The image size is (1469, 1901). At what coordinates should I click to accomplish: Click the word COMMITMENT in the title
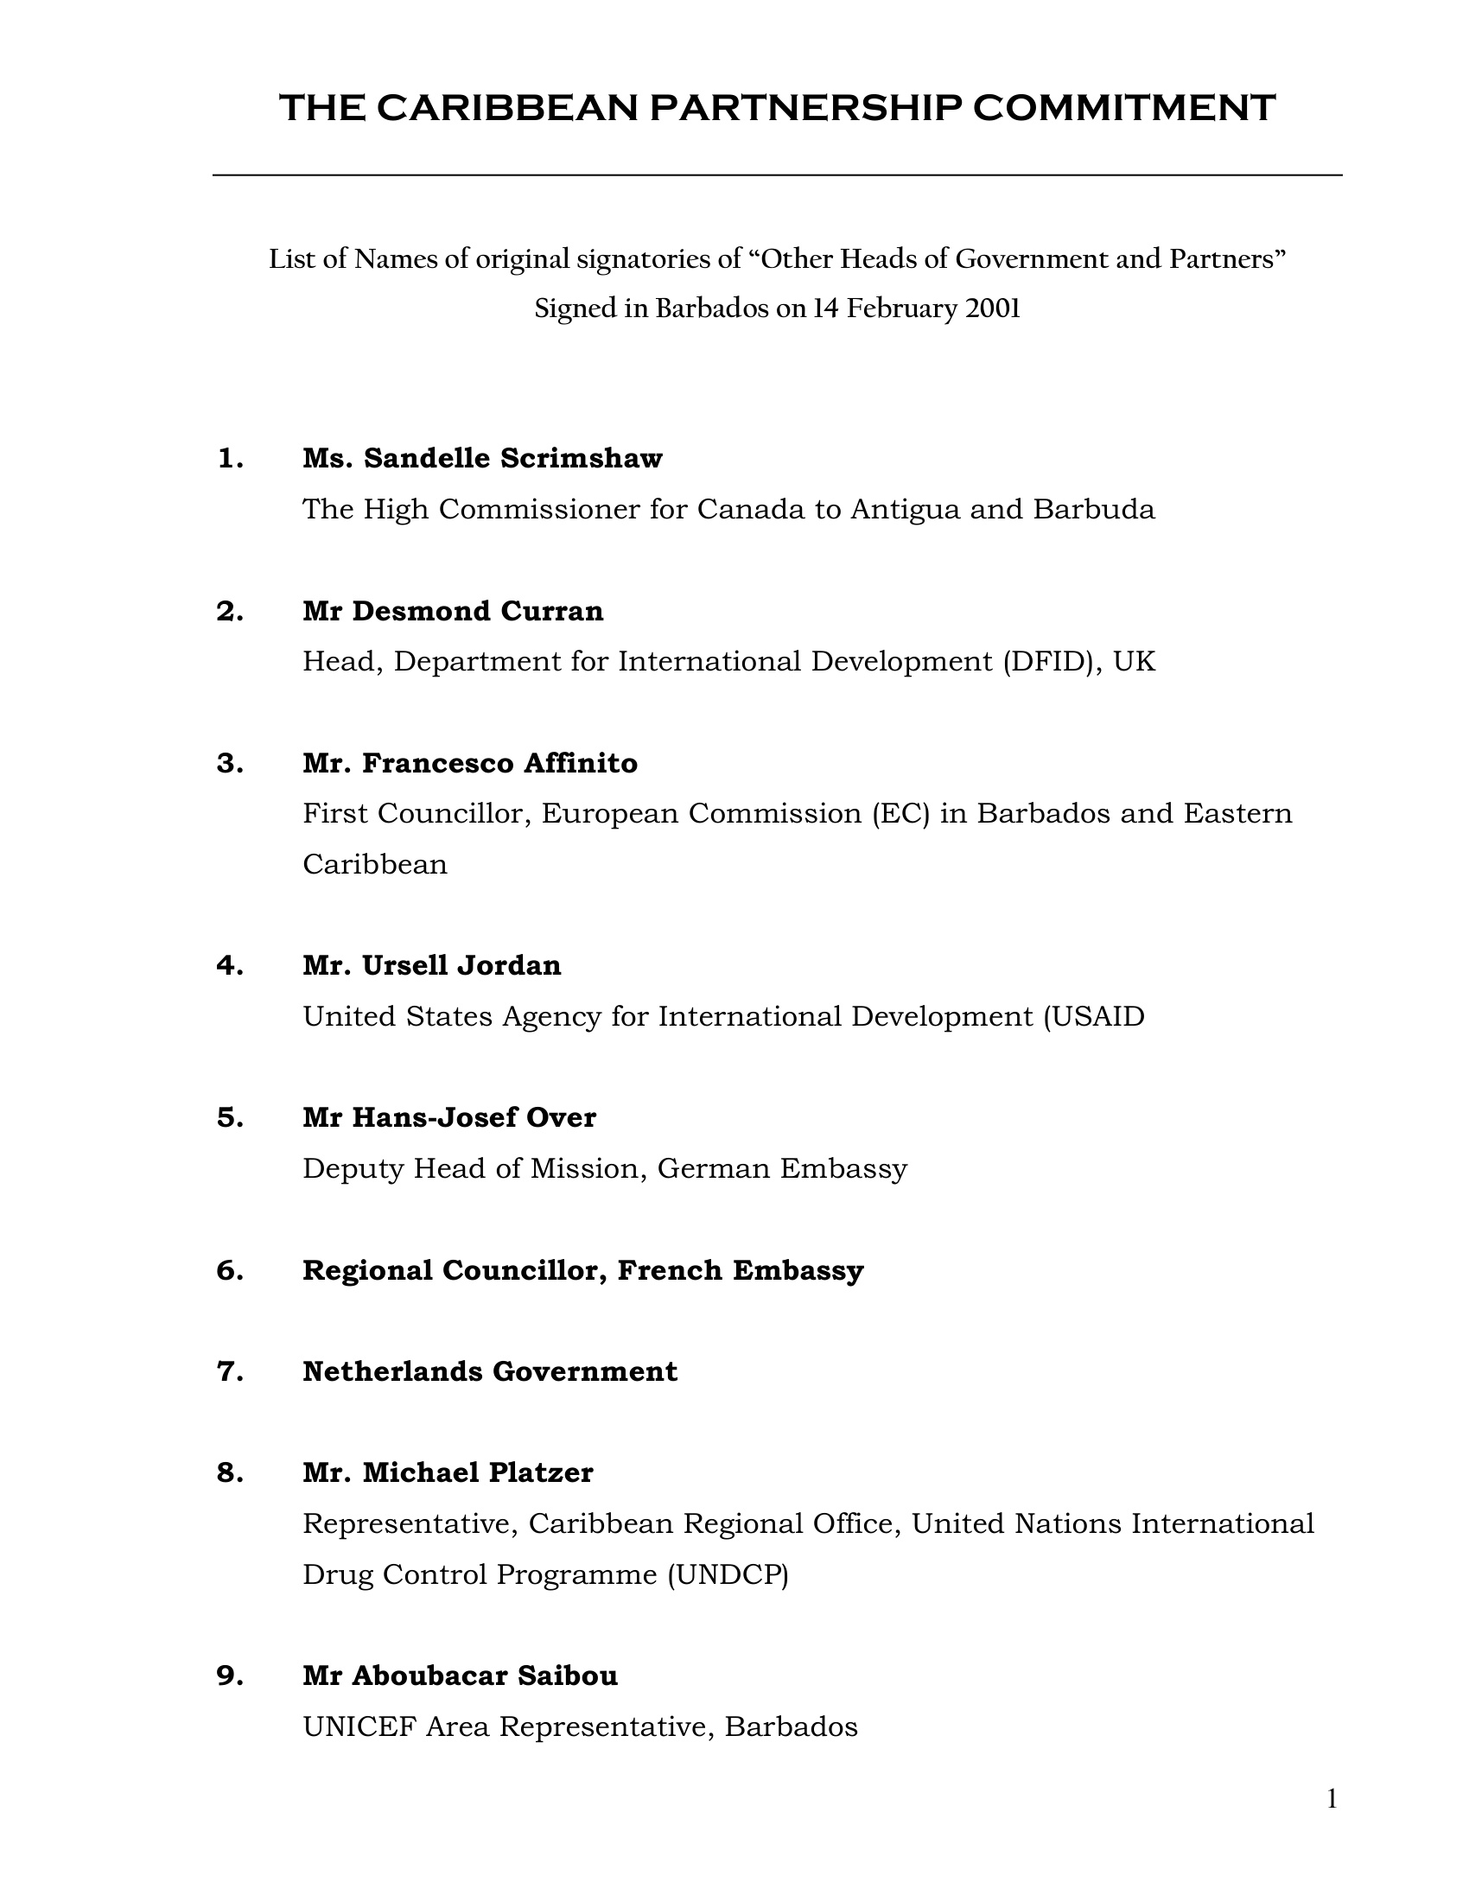[x=1123, y=108]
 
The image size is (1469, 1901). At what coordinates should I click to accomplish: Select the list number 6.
[x=230, y=1271]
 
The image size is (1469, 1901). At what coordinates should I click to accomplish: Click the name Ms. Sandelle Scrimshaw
[x=482, y=458]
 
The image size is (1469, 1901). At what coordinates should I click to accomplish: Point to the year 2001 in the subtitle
[x=992, y=309]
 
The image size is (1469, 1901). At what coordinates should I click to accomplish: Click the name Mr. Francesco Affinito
[x=470, y=763]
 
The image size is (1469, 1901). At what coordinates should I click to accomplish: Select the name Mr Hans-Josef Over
[x=449, y=1117]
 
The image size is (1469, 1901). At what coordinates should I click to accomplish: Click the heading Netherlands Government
[x=490, y=1372]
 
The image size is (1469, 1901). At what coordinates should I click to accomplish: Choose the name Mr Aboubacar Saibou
[x=460, y=1675]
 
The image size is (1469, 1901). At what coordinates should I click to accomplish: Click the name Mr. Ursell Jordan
[x=432, y=965]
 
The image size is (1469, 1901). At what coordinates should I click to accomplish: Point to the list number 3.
[x=230, y=763]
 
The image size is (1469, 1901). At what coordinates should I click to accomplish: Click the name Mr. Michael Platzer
[x=448, y=1472]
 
